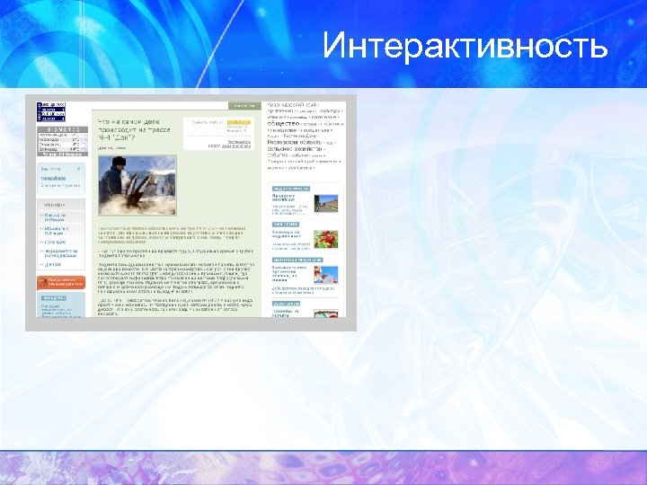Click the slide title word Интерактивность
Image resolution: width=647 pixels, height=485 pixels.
tap(465, 45)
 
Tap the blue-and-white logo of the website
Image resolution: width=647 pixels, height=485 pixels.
tap(50, 111)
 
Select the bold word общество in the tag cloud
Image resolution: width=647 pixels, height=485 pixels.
tap(288, 123)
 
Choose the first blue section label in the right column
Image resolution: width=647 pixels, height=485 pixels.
tap(290, 188)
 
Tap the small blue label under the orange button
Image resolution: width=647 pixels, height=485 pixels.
tap(52, 297)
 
